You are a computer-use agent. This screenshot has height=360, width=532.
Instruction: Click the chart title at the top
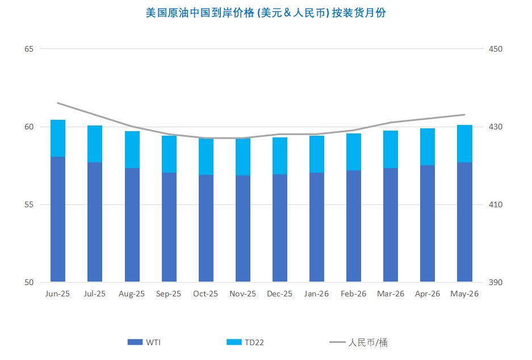266,12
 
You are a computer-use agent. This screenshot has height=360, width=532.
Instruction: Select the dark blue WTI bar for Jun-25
58,219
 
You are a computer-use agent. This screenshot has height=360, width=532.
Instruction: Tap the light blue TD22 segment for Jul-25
95,144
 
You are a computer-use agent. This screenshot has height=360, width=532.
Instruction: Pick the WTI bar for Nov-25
243,228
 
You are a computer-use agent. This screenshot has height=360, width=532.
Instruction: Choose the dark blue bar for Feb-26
354,225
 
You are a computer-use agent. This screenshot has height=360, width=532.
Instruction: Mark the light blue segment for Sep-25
169,154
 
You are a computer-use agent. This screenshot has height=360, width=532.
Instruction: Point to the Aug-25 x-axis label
132,294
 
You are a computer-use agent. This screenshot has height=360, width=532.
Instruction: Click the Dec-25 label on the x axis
279,294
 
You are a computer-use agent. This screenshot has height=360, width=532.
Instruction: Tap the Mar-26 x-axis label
391,294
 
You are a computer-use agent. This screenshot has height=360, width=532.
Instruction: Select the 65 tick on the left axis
29,49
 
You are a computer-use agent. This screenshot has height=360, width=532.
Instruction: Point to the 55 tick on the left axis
29,204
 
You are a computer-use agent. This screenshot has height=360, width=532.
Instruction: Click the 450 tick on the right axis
496,49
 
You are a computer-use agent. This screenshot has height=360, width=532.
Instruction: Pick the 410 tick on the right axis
496,204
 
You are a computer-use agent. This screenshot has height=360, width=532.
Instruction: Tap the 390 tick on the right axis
496,282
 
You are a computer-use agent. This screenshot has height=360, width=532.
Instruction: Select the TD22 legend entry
245,342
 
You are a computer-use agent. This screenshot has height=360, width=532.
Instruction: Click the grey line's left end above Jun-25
58,103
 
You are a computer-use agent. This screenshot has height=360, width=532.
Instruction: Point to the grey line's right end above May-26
464,115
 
